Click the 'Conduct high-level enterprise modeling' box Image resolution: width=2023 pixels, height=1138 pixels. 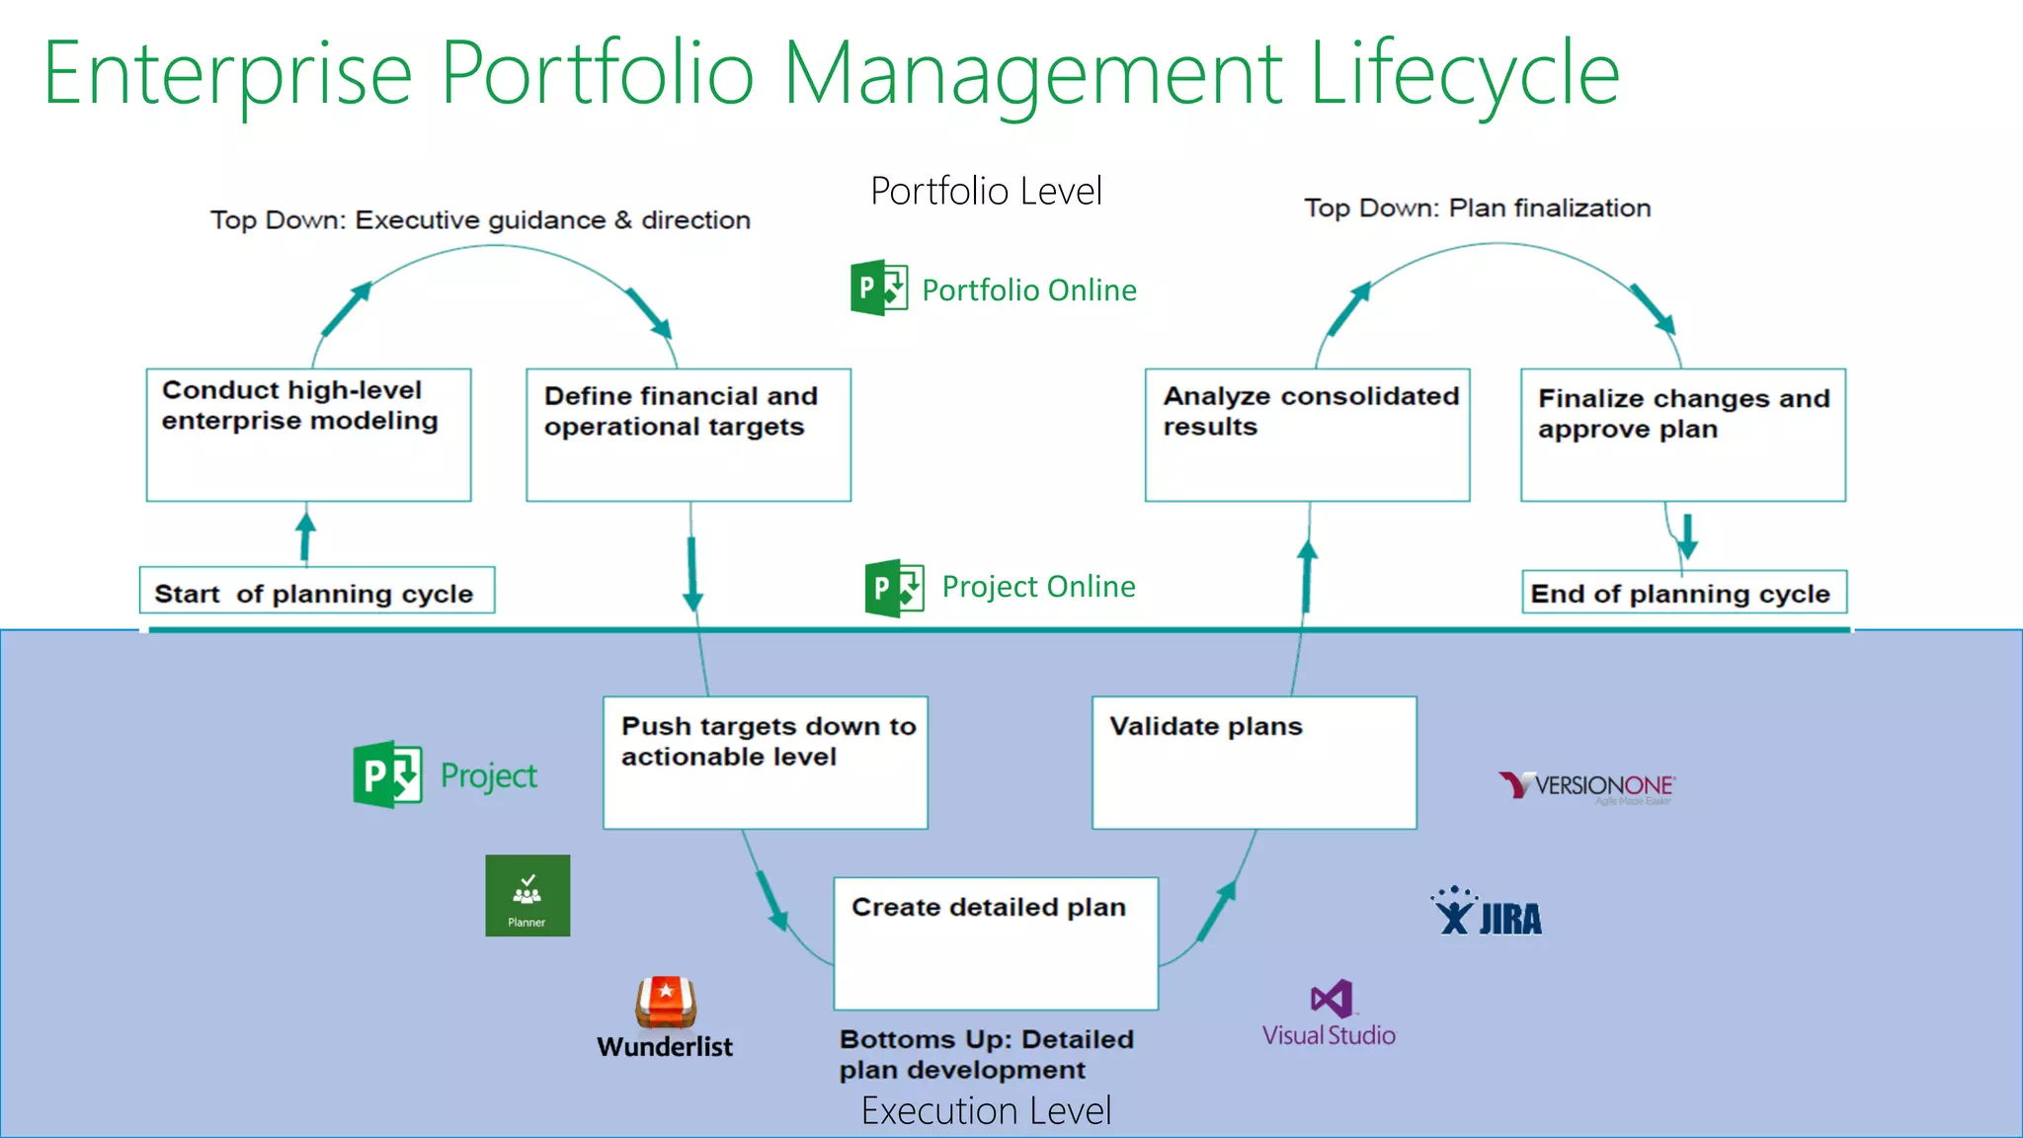click(x=308, y=435)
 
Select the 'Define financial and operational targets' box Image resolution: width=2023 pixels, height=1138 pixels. click(x=688, y=435)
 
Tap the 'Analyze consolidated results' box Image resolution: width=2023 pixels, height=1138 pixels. click(x=1307, y=435)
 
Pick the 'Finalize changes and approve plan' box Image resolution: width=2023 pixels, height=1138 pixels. click(x=1683, y=435)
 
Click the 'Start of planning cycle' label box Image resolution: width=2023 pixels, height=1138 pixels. click(x=316, y=591)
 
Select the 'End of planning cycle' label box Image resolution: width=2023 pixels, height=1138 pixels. click(x=1683, y=592)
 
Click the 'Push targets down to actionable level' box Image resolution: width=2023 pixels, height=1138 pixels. click(x=766, y=763)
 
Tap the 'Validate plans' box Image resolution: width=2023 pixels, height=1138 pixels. click(x=1254, y=763)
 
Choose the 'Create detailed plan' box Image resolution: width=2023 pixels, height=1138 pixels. click(x=996, y=943)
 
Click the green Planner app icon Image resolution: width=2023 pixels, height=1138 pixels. click(x=527, y=895)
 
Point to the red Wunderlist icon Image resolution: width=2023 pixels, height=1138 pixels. click(x=666, y=1003)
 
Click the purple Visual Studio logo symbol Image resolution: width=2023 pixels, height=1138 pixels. click(x=1332, y=1000)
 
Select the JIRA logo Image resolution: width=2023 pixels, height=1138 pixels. click(x=1487, y=913)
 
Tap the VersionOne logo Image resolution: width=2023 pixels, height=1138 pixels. click(x=1586, y=786)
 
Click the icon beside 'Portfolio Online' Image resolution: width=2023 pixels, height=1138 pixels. click(x=879, y=287)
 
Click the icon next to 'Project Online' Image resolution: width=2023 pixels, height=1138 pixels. click(x=894, y=588)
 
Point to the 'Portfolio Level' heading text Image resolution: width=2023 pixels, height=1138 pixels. click(x=986, y=191)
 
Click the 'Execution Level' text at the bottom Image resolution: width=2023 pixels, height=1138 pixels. click(x=986, y=1111)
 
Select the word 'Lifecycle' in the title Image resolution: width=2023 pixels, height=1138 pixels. click(x=1464, y=74)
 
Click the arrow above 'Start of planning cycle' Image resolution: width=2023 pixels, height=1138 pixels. click(x=306, y=533)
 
